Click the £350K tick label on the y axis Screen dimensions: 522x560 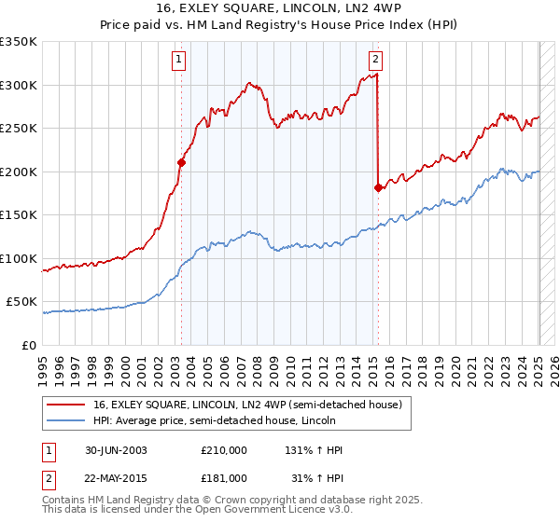pyautogui.click(x=18, y=42)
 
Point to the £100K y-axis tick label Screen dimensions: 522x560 pyautogui.click(x=18, y=258)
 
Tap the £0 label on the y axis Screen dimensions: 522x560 pyautogui.click(x=28, y=345)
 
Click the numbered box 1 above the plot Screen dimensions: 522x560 pyautogui.click(x=178, y=61)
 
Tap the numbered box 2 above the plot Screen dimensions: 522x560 pyautogui.click(x=375, y=61)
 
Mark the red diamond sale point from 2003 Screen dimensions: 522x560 pyautogui.click(x=182, y=162)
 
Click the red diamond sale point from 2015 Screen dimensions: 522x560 pyautogui.click(x=378, y=187)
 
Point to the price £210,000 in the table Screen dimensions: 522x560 pyautogui.click(x=224, y=449)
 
